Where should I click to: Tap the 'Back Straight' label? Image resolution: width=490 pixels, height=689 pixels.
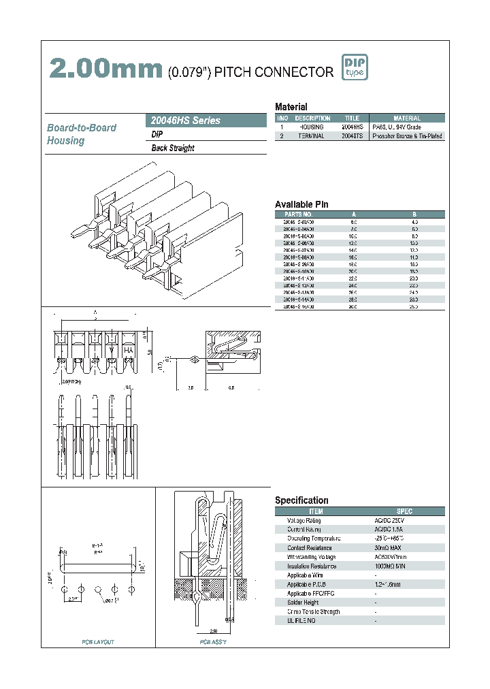point(173,148)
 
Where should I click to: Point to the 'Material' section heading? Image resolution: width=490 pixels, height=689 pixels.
point(291,107)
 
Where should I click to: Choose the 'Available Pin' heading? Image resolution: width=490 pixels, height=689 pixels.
point(301,204)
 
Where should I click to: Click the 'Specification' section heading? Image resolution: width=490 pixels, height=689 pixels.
point(301,500)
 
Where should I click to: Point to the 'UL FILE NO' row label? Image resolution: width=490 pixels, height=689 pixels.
point(302,621)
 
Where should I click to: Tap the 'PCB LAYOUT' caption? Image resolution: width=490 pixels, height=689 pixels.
point(98,643)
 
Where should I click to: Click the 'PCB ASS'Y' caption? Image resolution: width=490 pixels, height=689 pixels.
point(212,643)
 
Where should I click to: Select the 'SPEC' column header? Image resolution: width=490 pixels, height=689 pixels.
point(404,511)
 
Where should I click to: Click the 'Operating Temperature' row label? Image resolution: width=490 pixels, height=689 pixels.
point(314,539)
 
